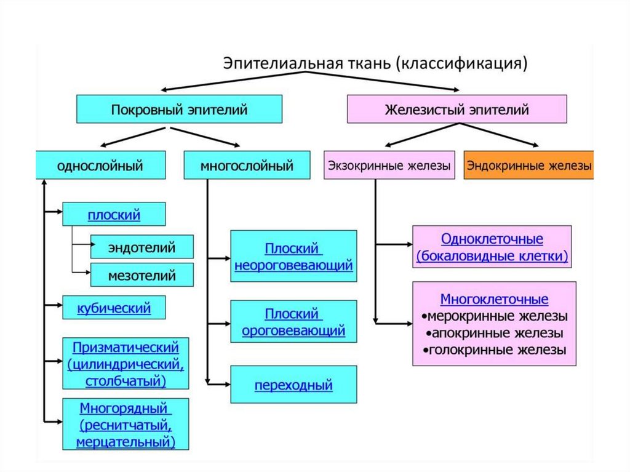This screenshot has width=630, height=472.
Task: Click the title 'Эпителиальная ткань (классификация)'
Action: (x=375, y=63)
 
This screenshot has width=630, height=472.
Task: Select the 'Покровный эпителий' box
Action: (x=179, y=110)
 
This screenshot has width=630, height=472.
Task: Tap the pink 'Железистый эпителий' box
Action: (x=457, y=110)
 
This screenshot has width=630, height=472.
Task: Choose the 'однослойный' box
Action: (x=100, y=166)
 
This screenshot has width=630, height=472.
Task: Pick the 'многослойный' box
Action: (x=247, y=166)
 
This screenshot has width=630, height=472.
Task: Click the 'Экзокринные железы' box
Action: (x=389, y=166)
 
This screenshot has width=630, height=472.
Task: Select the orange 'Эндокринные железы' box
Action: (x=529, y=166)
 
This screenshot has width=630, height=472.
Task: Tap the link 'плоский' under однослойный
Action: (x=114, y=215)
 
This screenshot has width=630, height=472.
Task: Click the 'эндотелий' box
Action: (x=142, y=247)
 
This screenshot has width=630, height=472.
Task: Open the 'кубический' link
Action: (x=114, y=306)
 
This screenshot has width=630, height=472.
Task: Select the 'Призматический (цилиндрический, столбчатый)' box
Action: (x=126, y=364)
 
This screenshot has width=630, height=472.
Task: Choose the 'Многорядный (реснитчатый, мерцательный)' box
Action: (x=126, y=425)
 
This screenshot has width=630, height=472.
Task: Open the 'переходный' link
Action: (x=293, y=386)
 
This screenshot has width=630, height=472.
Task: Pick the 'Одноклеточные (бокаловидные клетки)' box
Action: (x=492, y=247)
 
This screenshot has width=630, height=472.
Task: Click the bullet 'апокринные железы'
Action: (x=495, y=334)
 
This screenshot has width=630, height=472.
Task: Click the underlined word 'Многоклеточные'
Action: (x=494, y=300)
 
